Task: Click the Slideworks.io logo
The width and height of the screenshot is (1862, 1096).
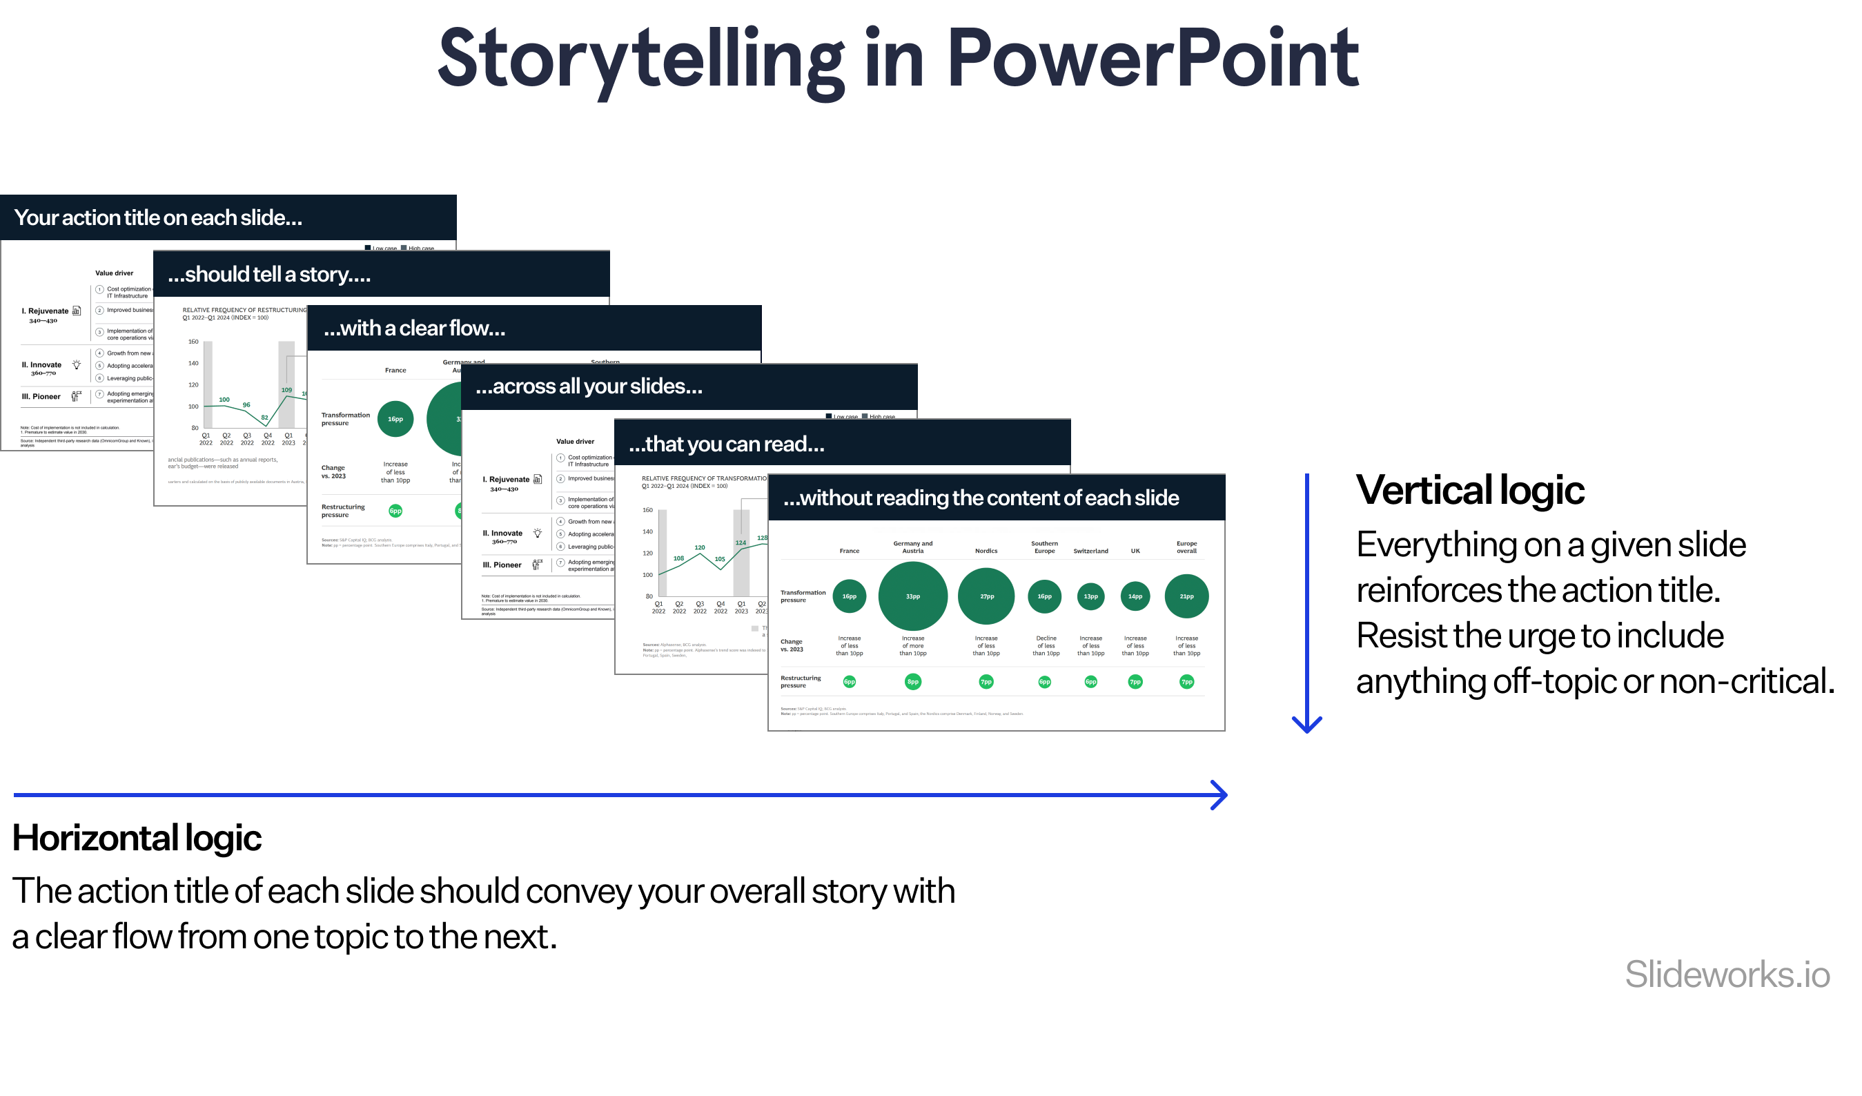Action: coord(1727,973)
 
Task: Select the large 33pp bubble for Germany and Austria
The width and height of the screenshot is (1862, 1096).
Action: coord(912,596)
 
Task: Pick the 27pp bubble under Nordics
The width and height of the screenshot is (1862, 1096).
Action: coord(986,596)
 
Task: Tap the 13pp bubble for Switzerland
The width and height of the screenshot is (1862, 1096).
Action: coord(1090,596)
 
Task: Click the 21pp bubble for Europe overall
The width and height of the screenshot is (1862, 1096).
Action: coord(1186,596)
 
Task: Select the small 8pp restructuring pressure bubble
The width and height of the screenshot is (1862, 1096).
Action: coord(912,681)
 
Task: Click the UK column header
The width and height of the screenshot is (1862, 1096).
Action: coord(1135,551)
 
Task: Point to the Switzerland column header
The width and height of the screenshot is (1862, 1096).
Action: coord(1090,551)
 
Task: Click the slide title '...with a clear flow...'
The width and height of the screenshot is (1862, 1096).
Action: coord(415,328)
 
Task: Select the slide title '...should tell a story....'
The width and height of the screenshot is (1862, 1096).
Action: coord(269,274)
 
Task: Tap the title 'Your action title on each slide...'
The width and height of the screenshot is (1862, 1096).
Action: coord(158,217)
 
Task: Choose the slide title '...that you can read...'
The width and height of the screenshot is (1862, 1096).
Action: coord(726,444)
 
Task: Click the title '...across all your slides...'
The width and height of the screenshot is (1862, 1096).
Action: coord(589,386)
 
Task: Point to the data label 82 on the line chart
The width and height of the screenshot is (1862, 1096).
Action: coord(264,418)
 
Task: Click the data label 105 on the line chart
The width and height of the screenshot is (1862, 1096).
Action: coord(720,559)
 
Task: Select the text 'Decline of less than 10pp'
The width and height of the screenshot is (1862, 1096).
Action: coord(1046,645)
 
